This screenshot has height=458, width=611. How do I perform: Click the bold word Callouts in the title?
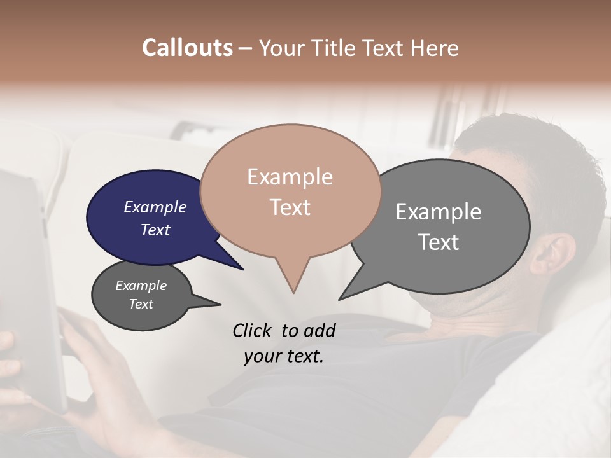pos(187,48)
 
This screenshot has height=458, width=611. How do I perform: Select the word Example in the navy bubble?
pos(155,207)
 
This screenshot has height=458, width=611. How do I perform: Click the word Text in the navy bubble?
pos(155,230)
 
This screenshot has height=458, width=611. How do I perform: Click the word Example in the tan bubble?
pos(290,177)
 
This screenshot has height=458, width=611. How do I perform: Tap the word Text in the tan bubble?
pos(290,207)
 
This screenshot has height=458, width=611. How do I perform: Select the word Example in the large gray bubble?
pos(439,212)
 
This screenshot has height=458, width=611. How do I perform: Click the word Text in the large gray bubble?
pos(439,242)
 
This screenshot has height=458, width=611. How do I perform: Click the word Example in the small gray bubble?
pos(141,286)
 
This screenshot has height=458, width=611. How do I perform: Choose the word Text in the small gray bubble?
pos(141,304)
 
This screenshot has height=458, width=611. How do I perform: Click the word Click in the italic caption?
pos(253,330)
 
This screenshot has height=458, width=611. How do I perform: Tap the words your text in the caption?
pos(284,356)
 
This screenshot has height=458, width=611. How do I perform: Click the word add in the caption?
pos(319,330)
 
